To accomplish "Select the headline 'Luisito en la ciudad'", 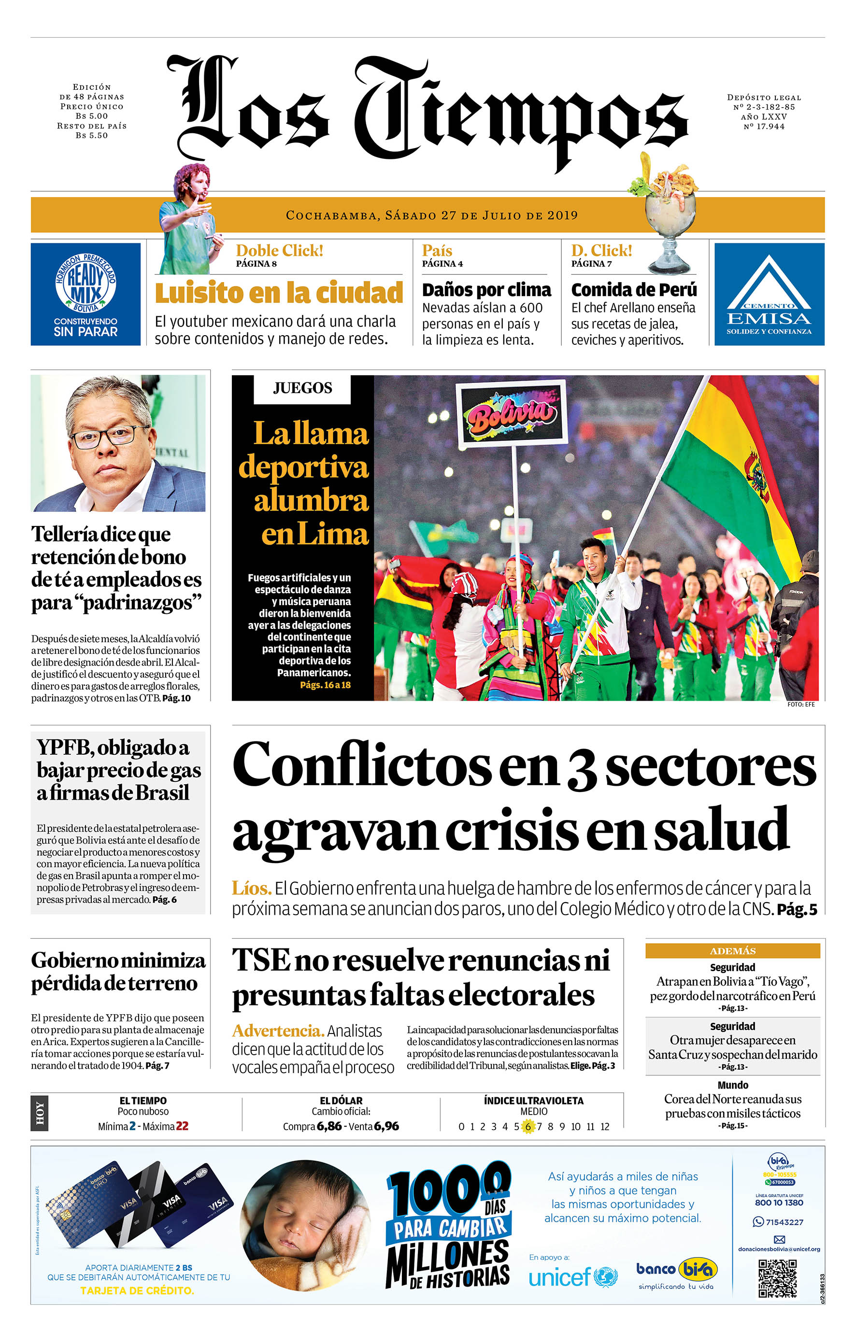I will tap(279, 293).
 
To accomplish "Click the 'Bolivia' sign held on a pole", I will tap(512, 413).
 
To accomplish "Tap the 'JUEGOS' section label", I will tap(302, 388).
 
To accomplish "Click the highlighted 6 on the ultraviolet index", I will tap(528, 1126).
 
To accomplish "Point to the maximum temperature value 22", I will tap(182, 1126).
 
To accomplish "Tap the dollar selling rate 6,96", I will tap(386, 1126).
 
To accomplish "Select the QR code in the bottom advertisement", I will tap(777, 1278).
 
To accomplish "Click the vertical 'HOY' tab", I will tap(40, 1113).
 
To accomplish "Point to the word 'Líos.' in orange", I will tap(251, 888).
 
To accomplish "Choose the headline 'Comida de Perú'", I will tap(634, 290).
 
